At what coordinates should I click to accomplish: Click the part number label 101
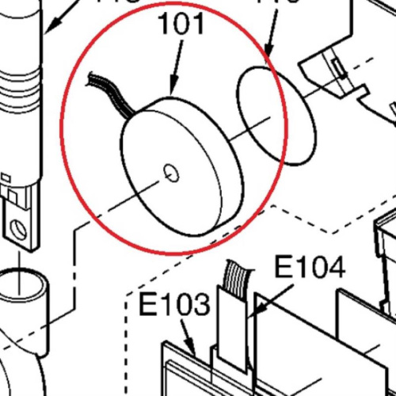pyautogui.click(x=182, y=25)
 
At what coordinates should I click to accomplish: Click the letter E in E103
pyautogui.click(x=148, y=304)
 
